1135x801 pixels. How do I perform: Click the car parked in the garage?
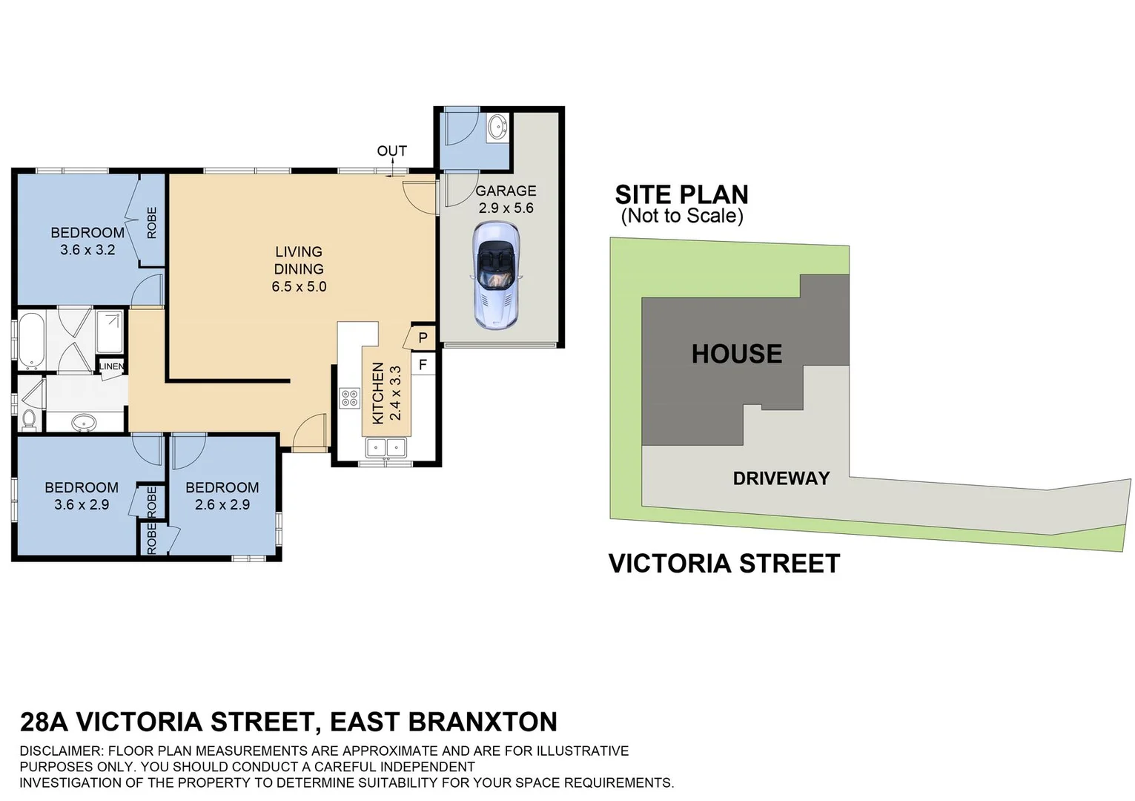(x=496, y=275)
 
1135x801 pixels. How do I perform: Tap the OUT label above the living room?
(x=391, y=151)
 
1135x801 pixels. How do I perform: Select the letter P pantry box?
(x=423, y=338)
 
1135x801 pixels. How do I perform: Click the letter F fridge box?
(x=423, y=364)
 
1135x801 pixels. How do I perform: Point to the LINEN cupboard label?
(x=112, y=366)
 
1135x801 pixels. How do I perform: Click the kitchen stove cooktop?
(x=349, y=398)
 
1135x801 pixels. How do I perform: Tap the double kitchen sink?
(x=386, y=447)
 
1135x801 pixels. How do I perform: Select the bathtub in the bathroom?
(x=31, y=341)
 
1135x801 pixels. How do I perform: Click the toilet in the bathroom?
(x=29, y=418)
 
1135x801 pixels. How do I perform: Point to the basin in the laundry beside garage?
(x=497, y=128)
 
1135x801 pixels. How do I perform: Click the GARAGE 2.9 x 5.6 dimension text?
(x=506, y=208)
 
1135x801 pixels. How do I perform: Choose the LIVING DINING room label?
(x=299, y=260)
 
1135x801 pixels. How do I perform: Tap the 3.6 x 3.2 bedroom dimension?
(x=87, y=250)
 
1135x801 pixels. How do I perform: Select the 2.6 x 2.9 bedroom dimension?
(x=222, y=505)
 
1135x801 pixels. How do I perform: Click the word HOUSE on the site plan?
(x=736, y=354)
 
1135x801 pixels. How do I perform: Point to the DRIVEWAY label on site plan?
(x=781, y=478)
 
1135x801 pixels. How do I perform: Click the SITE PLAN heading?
(x=681, y=194)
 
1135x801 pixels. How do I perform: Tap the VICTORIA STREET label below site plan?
(x=724, y=564)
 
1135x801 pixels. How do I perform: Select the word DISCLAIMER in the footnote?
(x=62, y=751)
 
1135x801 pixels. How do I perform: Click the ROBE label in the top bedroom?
(x=152, y=222)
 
